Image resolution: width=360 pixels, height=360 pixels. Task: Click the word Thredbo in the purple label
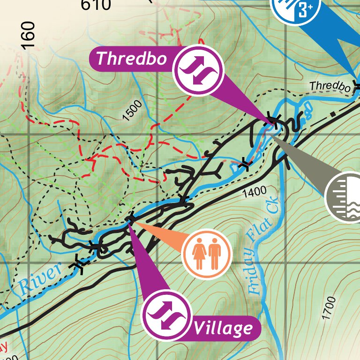click(131, 59)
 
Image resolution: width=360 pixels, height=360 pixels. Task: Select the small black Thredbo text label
click(330, 87)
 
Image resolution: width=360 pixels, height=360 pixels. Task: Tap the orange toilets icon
click(207, 254)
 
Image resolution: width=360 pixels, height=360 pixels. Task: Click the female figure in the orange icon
click(199, 254)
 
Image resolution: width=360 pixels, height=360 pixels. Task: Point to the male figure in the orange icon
click(215, 254)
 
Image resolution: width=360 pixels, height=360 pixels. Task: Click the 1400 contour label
click(255, 191)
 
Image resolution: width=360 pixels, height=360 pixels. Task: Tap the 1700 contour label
click(330, 308)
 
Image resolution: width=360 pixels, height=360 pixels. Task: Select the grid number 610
click(96, 5)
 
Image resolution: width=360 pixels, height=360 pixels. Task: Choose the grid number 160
click(29, 35)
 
